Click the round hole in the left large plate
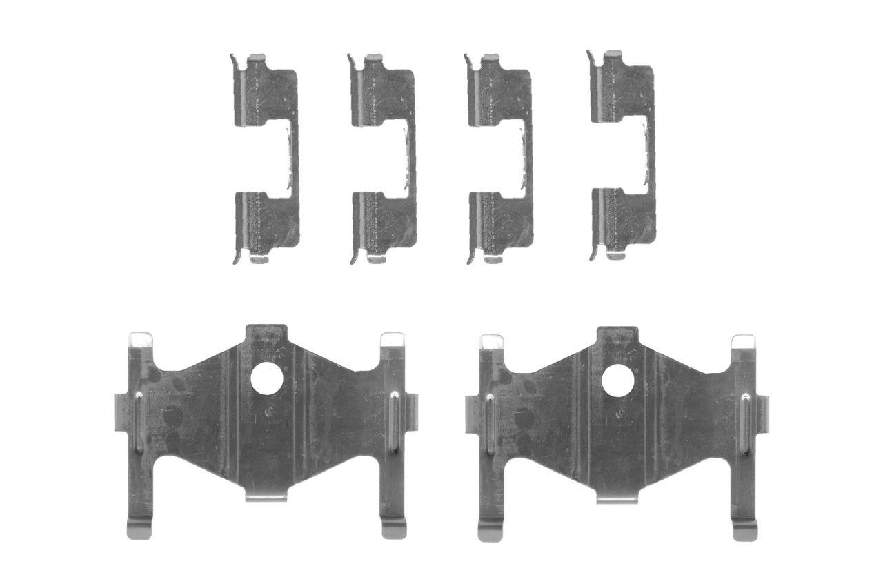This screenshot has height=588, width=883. pyautogui.click(x=267, y=378)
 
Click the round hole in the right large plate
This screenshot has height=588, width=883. pyautogui.click(x=618, y=381)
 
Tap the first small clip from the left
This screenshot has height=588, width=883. pyautogui.click(x=266, y=159)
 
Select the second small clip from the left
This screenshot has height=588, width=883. pyautogui.click(x=383, y=159)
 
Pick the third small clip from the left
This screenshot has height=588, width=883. pyautogui.click(x=500, y=159)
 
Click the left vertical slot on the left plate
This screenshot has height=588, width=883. pyautogui.click(x=139, y=423)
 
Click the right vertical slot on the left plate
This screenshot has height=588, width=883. pyautogui.click(x=394, y=422)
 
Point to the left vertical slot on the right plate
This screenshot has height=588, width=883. pyautogui.click(x=490, y=425)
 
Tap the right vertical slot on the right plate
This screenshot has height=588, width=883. pyautogui.click(x=745, y=424)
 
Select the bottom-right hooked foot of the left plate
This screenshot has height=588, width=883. pyautogui.click(x=394, y=528)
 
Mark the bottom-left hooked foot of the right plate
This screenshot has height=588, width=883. pyautogui.click(x=490, y=530)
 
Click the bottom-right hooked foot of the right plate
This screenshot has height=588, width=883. pyautogui.click(x=745, y=529)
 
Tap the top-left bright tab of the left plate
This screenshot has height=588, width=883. pyautogui.click(x=141, y=340)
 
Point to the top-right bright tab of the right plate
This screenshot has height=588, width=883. pyautogui.click(x=743, y=342)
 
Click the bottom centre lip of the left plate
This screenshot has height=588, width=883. pyautogui.click(x=266, y=496)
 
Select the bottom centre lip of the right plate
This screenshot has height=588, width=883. pyautogui.click(x=617, y=498)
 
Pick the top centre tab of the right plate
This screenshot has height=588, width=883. pyautogui.click(x=617, y=335)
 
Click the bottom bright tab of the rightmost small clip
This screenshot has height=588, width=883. pyautogui.click(x=615, y=256)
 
